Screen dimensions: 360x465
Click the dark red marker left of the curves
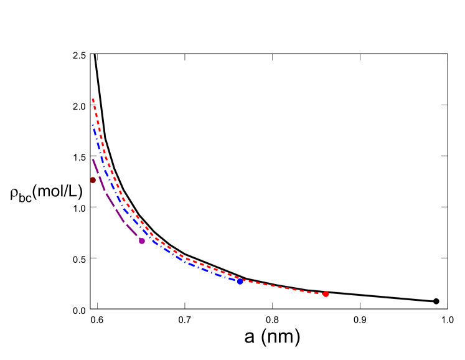tap(93, 180)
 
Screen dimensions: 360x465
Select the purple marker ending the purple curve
tap(142, 240)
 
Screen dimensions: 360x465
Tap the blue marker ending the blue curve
tap(240, 281)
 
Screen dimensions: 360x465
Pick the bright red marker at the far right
tap(326, 293)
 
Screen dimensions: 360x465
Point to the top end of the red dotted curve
tap(93, 100)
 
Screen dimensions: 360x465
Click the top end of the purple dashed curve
tap(93, 159)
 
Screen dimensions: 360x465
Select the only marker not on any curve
tap(93, 180)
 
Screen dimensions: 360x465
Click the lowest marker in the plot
tap(326, 293)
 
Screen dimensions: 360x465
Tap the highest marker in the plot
tap(93, 180)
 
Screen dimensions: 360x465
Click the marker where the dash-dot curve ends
tap(240, 281)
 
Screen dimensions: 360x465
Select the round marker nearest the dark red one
tap(142, 240)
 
